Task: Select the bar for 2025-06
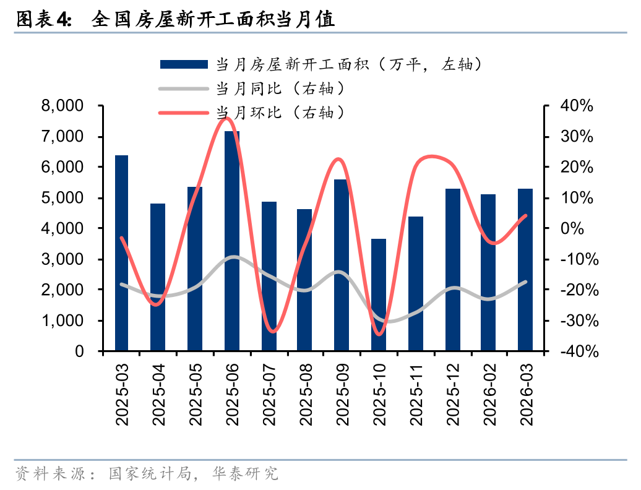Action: coord(232,241)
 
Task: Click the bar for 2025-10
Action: coord(379,294)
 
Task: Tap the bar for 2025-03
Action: coord(122,253)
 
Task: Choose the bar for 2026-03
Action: coord(525,270)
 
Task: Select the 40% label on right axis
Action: coord(577,106)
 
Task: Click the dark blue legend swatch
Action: coord(183,64)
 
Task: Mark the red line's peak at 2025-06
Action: coord(227,118)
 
